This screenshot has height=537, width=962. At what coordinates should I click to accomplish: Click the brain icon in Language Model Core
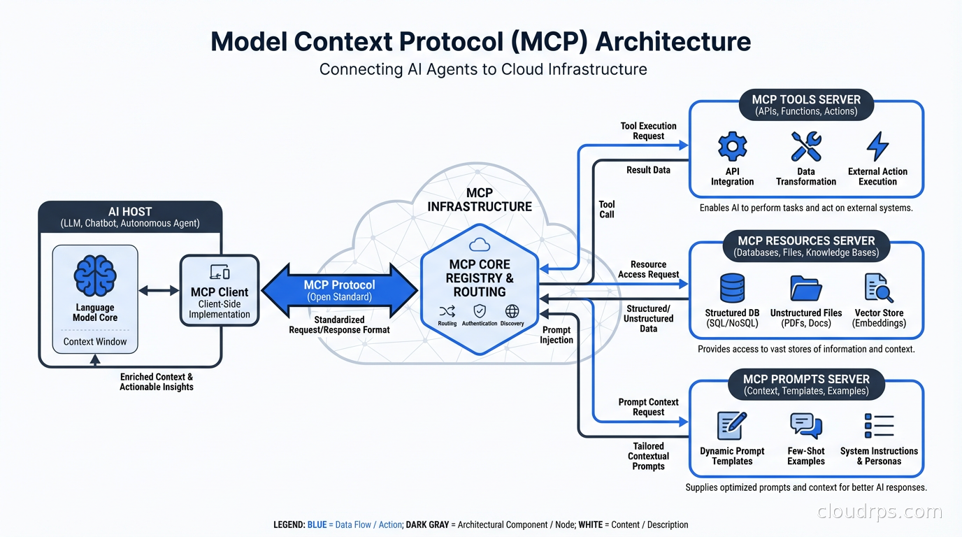[95, 275]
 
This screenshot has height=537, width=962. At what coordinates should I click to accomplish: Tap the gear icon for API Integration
[732, 147]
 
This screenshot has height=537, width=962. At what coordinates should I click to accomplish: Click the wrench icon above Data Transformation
[805, 147]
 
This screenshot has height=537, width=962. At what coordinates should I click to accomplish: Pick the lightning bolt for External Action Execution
[877, 147]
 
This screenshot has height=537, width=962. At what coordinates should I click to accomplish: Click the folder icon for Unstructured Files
[805, 288]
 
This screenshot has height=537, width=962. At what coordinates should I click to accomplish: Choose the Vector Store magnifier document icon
[879, 288]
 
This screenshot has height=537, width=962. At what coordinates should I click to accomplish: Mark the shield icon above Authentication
[480, 311]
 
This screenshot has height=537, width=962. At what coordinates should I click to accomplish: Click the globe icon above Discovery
[512, 311]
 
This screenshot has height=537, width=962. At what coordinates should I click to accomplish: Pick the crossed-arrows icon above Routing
[447, 311]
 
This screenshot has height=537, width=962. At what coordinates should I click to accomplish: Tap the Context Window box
[95, 342]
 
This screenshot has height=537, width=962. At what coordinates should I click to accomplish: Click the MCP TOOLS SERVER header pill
[805, 105]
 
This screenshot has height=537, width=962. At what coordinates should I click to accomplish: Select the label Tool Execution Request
[648, 131]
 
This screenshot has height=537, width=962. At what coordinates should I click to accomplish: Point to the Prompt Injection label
[557, 335]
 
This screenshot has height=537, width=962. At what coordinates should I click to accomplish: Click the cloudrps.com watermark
[880, 512]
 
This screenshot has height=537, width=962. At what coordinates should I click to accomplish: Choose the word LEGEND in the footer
[289, 524]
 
